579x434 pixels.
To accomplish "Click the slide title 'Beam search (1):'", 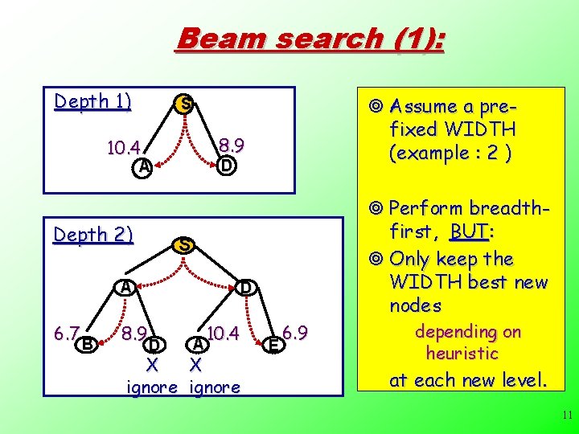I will point(310,39).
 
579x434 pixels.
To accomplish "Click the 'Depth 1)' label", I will point(92,102).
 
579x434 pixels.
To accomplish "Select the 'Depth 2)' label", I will point(92,235).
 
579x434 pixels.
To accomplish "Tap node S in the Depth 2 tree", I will point(185,244).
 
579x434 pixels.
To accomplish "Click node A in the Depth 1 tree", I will point(142,166).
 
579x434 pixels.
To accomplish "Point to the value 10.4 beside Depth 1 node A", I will point(124,148).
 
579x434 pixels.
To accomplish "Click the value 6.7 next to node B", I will point(66,333).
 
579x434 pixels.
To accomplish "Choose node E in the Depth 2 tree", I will point(274,345).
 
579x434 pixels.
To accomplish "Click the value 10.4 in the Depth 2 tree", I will point(224,333).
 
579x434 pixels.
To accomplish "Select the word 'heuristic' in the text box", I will point(462,353).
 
